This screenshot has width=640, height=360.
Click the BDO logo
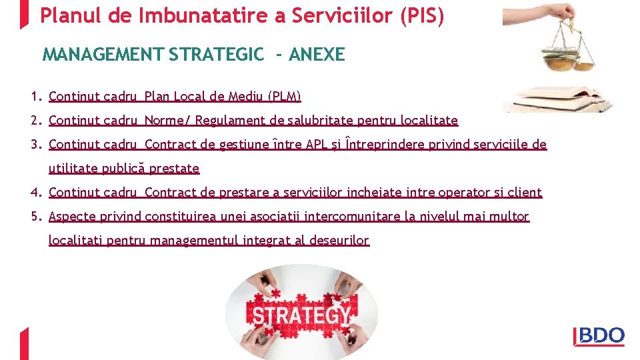[599, 337]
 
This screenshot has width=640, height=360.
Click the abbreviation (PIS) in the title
[421, 15]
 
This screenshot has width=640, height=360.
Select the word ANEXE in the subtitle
[317, 55]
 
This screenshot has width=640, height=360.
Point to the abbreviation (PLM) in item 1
[283, 97]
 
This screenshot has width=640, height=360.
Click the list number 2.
[35, 121]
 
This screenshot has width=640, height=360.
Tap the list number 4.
[35, 193]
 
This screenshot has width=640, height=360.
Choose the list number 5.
[35, 217]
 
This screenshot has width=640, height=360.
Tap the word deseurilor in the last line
[339, 241]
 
